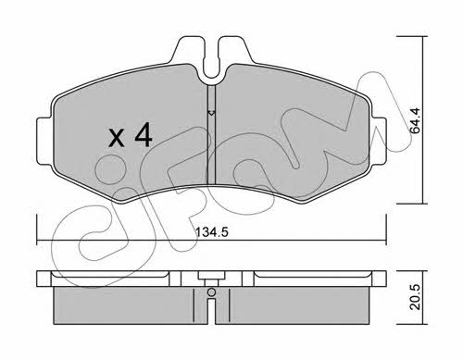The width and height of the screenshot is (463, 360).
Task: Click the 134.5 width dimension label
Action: pos(212,231)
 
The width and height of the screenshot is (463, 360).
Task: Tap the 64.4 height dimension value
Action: pos(416,121)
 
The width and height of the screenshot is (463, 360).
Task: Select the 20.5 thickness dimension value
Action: pos(416,297)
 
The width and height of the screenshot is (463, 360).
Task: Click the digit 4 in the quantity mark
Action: pos(144,135)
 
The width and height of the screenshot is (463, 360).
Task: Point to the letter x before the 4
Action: pos(117,139)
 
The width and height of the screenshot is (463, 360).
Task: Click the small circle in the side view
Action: pos(211,292)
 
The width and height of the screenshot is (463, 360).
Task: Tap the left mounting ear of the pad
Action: pos(44,141)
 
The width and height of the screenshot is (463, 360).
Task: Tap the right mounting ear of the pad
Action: pos(380,141)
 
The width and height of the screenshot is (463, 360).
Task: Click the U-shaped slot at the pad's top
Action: pos(211,68)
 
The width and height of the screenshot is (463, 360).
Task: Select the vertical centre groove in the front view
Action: pos(211,134)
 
